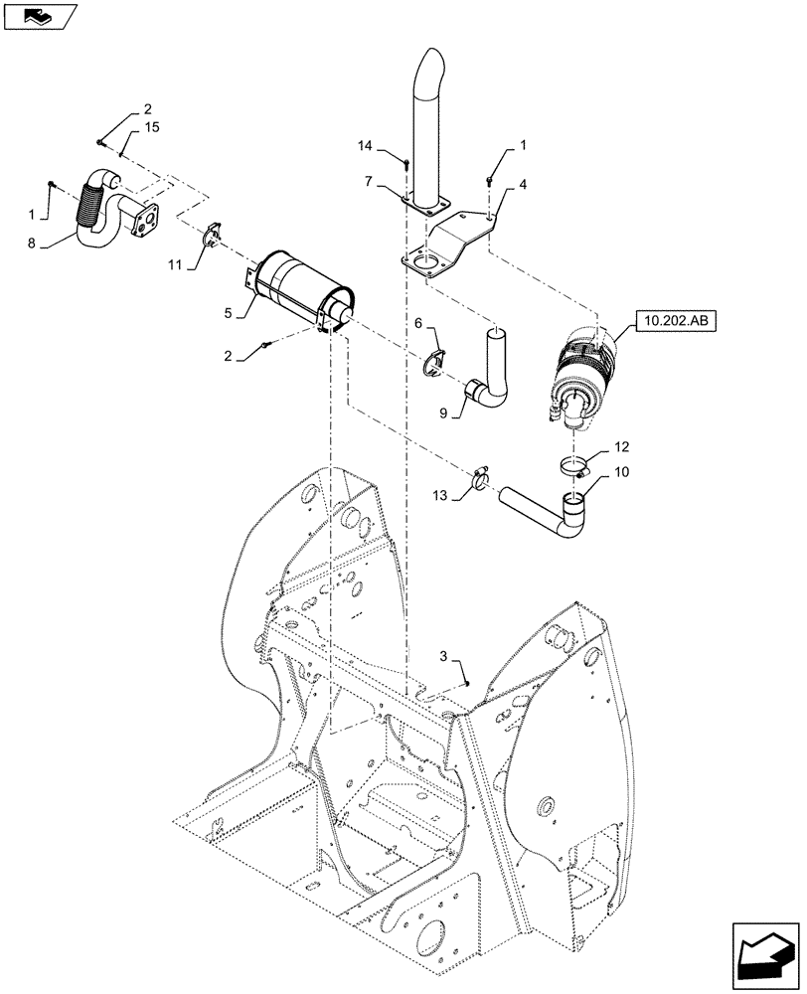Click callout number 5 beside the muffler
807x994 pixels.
[x=230, y=313]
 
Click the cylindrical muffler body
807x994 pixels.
[x=298, y=288]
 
